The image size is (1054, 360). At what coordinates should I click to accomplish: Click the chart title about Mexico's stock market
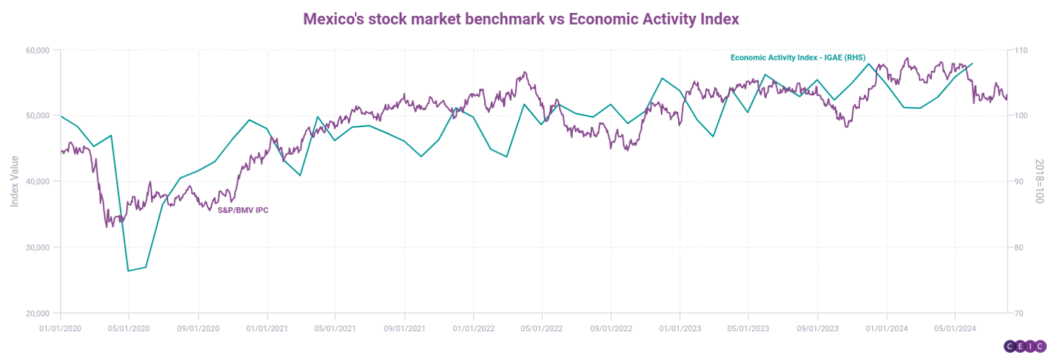pos(521,19)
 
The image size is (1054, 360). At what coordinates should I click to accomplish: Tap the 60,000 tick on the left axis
pos(36,51)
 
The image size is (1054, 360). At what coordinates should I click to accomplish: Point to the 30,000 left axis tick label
pos(36,247)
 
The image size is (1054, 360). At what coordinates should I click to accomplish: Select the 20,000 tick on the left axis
pos(36,314)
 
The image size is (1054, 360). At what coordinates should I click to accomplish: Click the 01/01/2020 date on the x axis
pos(61,328)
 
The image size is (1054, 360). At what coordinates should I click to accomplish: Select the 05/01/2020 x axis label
pos(129,328)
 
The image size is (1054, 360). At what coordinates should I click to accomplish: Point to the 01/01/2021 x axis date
pos(268,328)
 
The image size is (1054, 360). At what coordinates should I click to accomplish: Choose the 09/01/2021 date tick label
pos(405,328)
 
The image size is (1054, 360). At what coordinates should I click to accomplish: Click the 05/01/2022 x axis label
pos(542,328)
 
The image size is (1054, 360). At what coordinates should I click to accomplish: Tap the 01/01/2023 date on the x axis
pos(680,328)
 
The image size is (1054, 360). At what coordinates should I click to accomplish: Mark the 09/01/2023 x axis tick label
pos(817,328)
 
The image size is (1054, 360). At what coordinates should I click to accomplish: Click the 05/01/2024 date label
pos(955,328)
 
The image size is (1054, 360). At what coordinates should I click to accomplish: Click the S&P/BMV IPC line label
pos(243,210)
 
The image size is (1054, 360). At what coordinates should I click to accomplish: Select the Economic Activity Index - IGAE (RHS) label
pos(797,57)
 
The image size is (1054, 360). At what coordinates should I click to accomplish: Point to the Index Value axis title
pos(14,182)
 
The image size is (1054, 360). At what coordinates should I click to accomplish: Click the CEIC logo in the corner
pos(1025,347)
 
